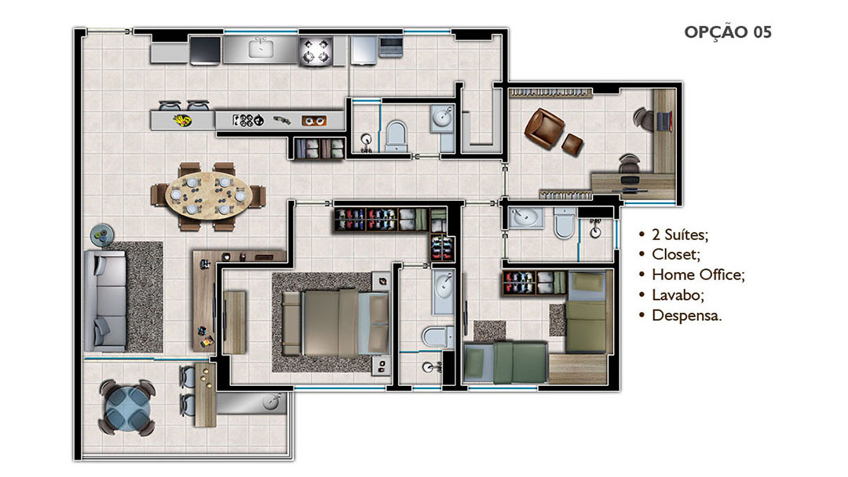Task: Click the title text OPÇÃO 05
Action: pyautogui.click(x=727, y=32)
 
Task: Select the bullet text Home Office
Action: pyautogui.click(x=698, y=275)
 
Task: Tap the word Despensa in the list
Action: pyautogui.click(x=685, y=315)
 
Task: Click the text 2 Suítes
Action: pyautogui.click(x=679, y=235)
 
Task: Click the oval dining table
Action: pyautogui.click(x=208, y=195)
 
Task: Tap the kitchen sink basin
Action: pyautogui.click(x=261, y=49)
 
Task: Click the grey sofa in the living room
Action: pyautogui.click(x=105, y=300)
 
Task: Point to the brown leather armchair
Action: pyautogui.click(x=544, y=128)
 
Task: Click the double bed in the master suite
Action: pyautogui.click(x=335, y=323)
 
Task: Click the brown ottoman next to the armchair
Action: pyautogui.click(x=572, y=144)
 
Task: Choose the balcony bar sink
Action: pyautogui.click(x=271, y=402)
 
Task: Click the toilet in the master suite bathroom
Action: pyautogui.click(x=437, y=337)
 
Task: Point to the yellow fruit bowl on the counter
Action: pyautogui.click(x=182, y=120)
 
